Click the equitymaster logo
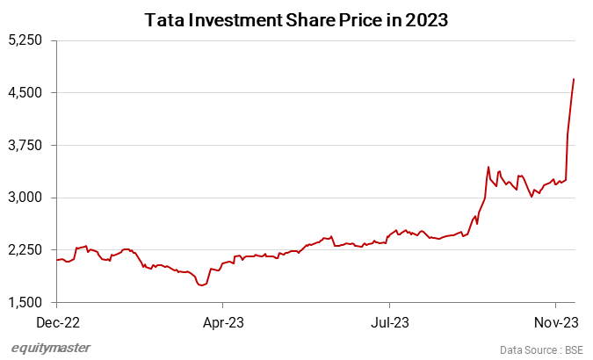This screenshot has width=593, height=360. [x=50, y=348]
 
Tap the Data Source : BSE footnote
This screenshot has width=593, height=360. [x=541, y=349]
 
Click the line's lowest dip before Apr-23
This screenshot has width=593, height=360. [x=202, y=285]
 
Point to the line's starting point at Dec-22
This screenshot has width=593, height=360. [x=56, y=260]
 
